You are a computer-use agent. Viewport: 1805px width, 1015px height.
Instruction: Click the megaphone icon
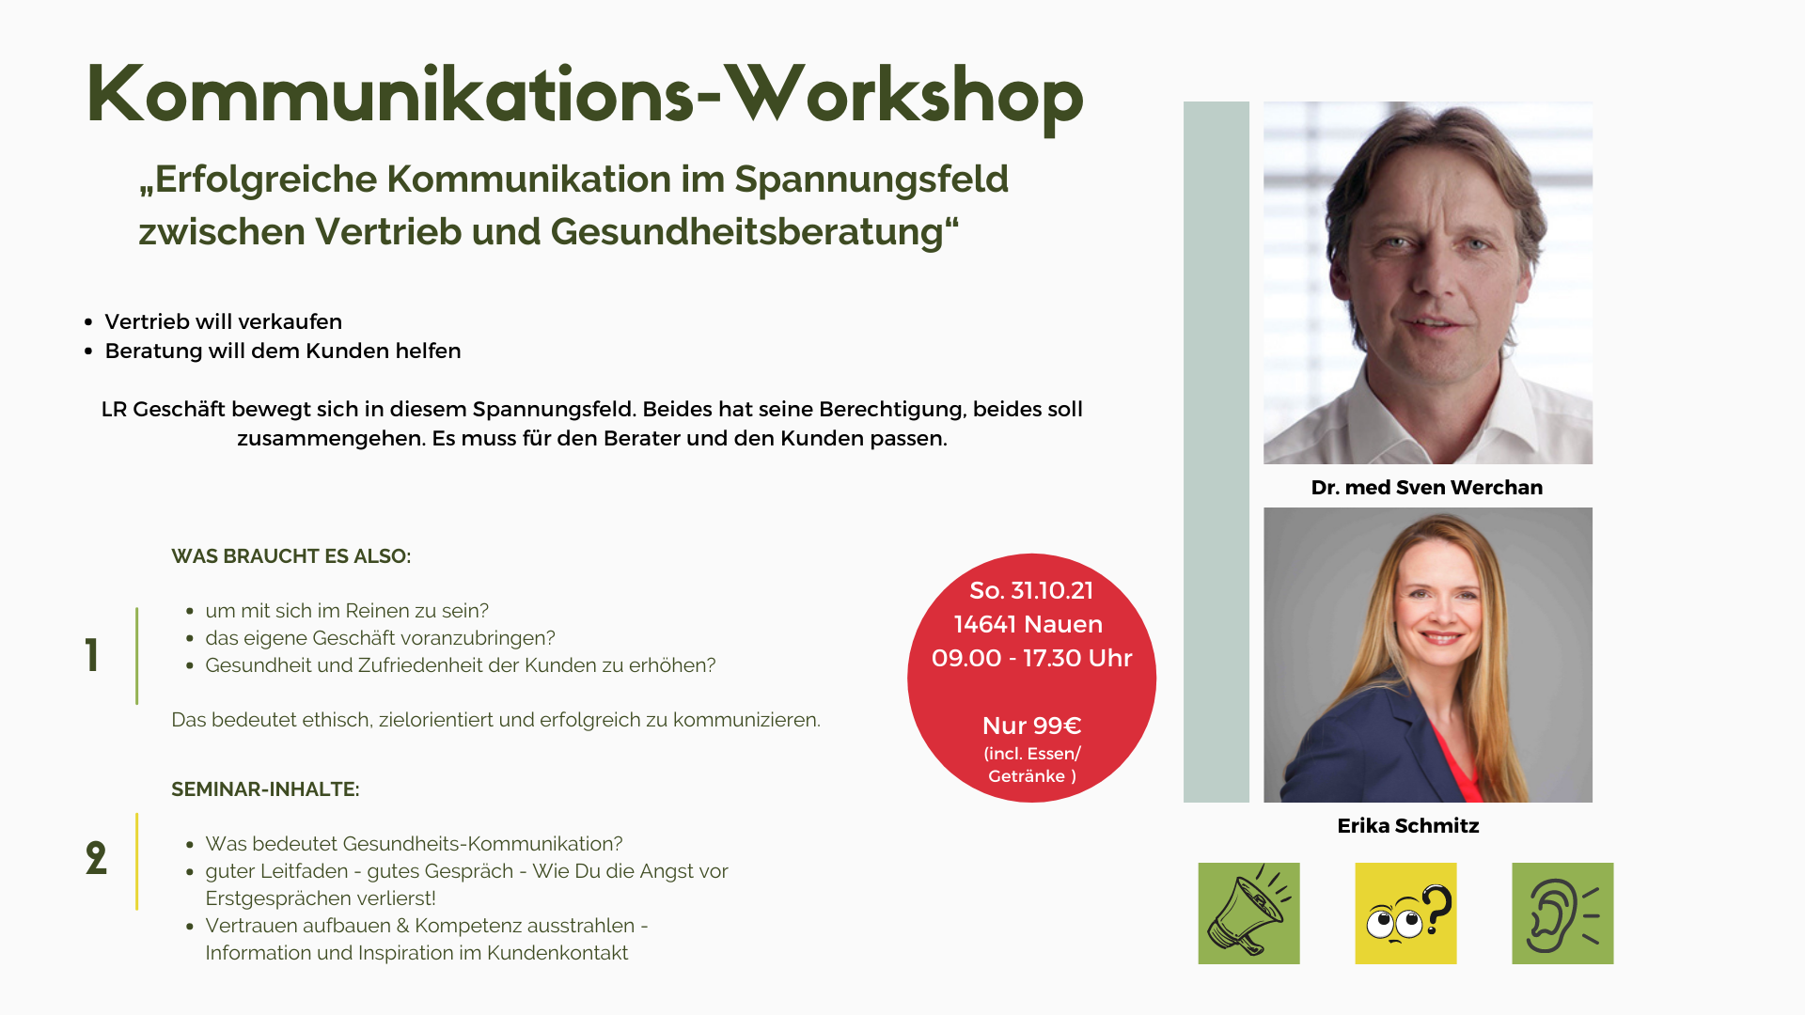tap(1248, 913)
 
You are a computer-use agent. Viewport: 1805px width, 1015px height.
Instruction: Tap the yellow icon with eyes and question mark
tap(1405, 913)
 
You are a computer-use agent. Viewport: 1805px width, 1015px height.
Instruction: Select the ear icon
tap(1562, 913)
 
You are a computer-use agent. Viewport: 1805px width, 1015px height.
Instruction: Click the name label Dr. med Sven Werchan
tap(1427, 488)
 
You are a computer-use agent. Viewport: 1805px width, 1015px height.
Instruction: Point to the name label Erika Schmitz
tap(1408, 826)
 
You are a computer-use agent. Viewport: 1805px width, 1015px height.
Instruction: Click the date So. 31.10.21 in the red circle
tap(1031, 590)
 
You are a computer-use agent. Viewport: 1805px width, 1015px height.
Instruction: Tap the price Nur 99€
tap(1031, 726)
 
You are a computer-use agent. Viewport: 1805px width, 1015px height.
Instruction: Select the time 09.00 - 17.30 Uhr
tap(1031, 658)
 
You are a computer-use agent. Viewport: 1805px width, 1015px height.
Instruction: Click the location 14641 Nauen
tap(1028, 624)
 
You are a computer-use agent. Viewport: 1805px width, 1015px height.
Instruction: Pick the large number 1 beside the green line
tap(92, 655)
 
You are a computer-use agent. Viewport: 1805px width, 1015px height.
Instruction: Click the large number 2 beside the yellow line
tap(96, 858)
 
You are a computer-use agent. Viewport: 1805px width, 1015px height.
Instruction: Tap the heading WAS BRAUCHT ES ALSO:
tap(291, 556)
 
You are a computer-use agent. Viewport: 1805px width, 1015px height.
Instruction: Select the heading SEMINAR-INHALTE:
tap(265, 789)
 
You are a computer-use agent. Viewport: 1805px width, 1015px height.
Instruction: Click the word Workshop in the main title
tap(903, 97)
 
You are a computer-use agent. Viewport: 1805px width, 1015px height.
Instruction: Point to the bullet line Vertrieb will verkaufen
tap(224, 321)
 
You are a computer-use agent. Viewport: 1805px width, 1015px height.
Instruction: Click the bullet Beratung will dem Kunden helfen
tap(283, 351)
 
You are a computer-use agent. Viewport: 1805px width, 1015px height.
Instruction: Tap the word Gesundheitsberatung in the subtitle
tap(746, 232)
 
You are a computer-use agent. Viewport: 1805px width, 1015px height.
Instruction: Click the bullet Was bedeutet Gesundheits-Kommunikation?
tap(414, 844)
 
